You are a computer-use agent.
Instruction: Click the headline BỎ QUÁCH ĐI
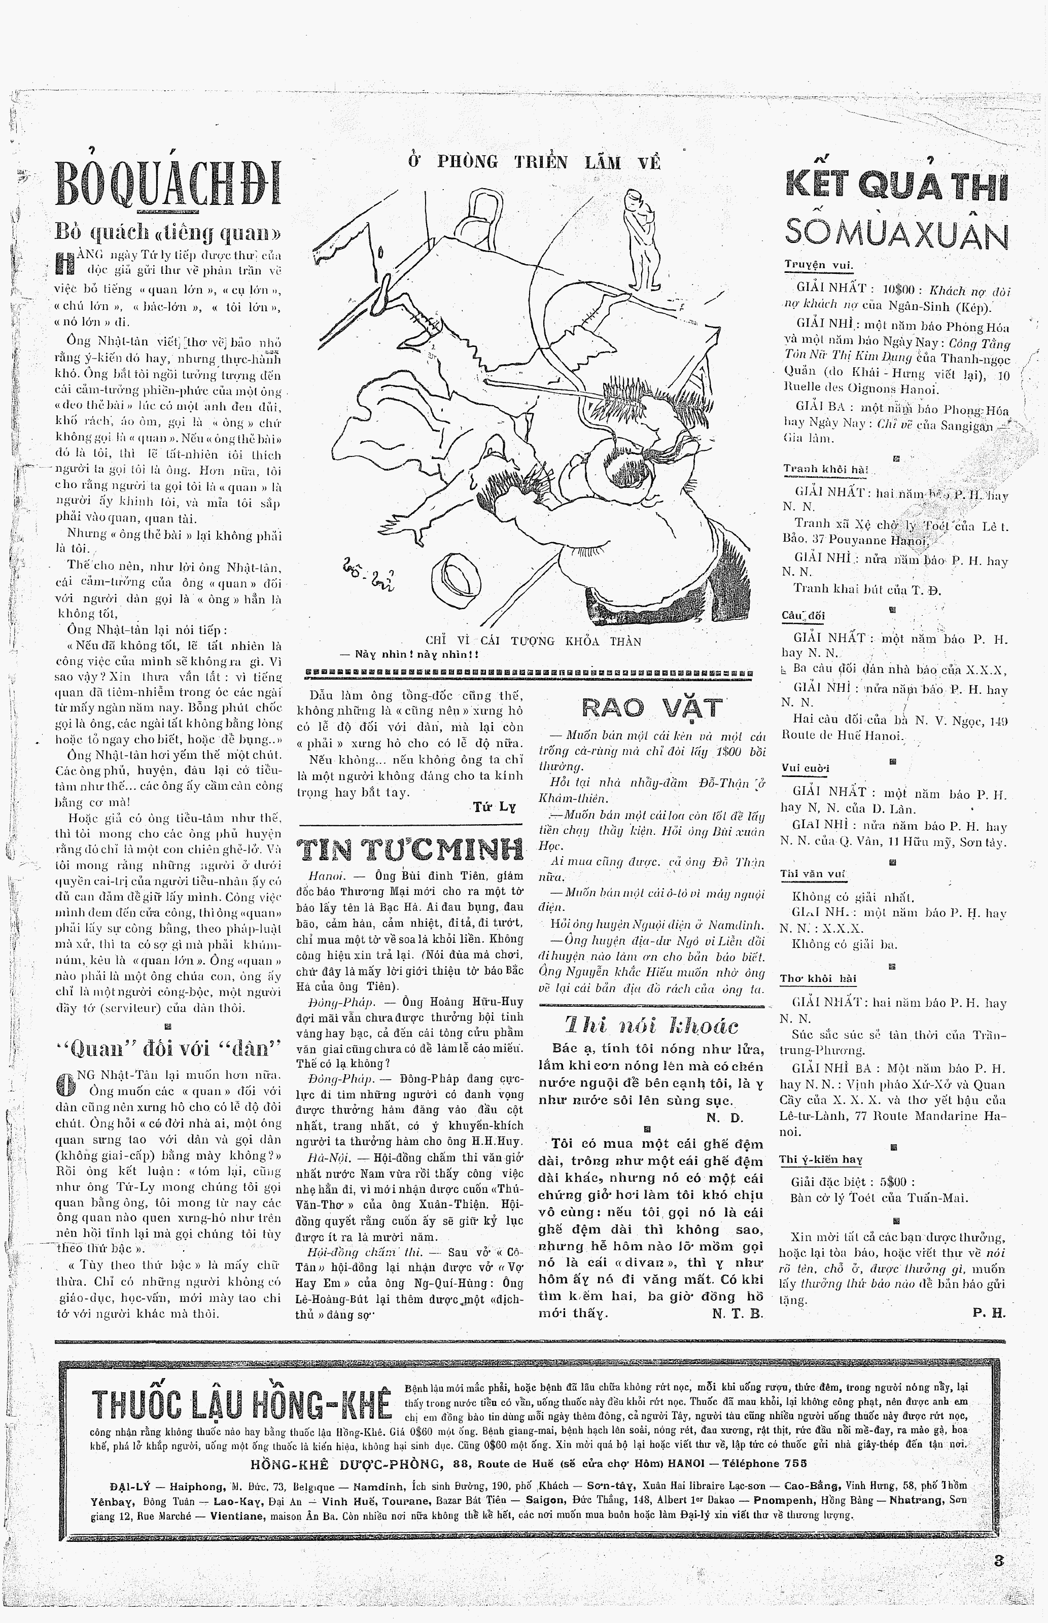[167, 183]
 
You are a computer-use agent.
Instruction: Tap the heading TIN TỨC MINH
[410, 850]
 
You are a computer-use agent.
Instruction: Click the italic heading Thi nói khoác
[651, 1026]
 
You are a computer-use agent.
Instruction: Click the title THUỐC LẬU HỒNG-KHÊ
[241, 1404]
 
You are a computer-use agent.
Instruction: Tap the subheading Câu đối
[803, 616]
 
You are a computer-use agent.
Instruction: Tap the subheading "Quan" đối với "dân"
[167, 1049]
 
